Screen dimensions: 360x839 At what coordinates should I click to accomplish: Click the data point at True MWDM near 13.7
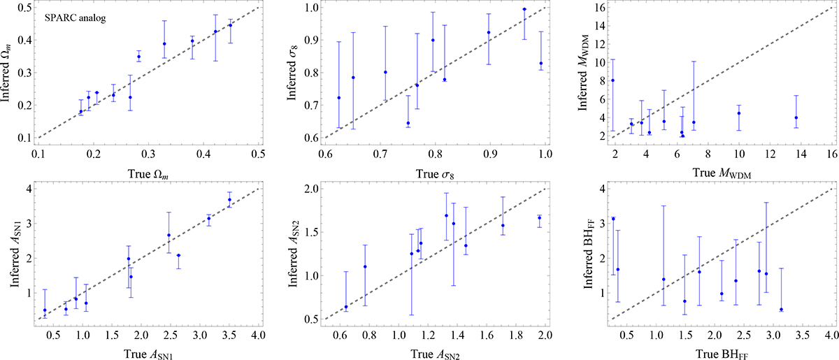(x=796, y=117)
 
